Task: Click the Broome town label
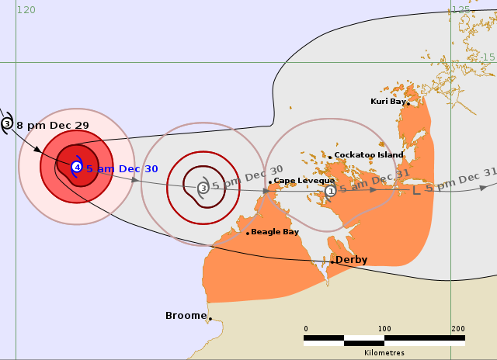click(x=186, y=316)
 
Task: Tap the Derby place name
click(x=351, y=260)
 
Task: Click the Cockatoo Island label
click(x=369, y=155)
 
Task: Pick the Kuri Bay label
click(x=388, y=102)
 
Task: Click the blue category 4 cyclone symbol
click(x=77, y=167)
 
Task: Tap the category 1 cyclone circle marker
click(x=330, y=190)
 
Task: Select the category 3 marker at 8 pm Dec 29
click(x=7, y=123)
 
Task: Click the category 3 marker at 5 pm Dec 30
click(x=203, y=188)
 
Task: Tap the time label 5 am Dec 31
click(x=370, y=184)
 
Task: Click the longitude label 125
click(x=461, y=10)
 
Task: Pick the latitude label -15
click(x=487, y=57)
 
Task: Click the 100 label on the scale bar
click(x=384, y=329)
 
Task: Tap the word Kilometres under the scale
click(x=384, y=352)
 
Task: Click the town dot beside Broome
click(x=210, y=318)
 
